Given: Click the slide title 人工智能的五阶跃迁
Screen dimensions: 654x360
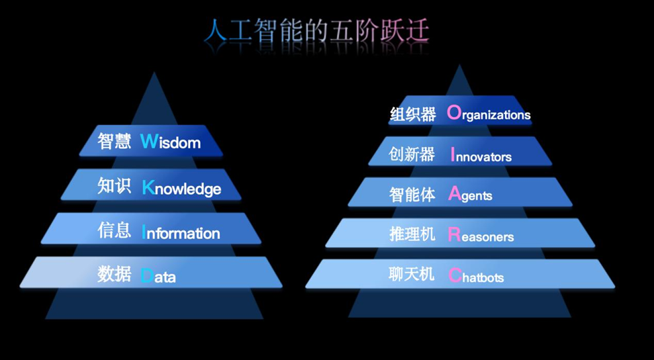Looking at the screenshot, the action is pyautogui.click(x=316, y=30).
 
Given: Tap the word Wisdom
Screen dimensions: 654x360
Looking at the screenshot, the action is pyautogui.click(x=170, y=142).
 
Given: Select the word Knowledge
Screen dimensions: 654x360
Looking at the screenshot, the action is pyautogui.click(x=181, y=188).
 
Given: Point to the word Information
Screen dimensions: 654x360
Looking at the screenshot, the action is pyautogui.click(x=181, y=232).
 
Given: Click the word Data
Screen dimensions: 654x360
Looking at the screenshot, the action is pyautogui.click(x=158, y=276).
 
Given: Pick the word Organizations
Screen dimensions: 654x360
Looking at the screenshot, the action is pyautogui.click(x=488, y=113).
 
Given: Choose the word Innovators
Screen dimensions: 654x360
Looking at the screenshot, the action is pyautogui.click(x=481, y=155).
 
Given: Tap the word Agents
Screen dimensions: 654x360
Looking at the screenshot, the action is pyautogui.click(x=470, y=194).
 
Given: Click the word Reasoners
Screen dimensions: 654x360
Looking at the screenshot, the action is pyautogui.click(x=481, y=235).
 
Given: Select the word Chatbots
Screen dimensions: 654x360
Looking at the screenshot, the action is pyautogui.click(x=476, y=276).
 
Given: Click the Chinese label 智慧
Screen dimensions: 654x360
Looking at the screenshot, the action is pyautogui.click(x=114, y=142).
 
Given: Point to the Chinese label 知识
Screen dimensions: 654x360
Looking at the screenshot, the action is pyautogui.click(x=114, y=185).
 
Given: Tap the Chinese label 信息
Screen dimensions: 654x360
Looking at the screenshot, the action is pyautogui.click(x=114, y=230).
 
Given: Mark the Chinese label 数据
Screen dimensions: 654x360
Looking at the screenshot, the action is pyautogui.click(x=114, y=274).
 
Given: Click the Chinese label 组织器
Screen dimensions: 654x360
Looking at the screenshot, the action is pyautogui.click(x=413, y=114).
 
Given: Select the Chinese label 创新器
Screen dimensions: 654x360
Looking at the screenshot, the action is pyautogui.click(x=412, y=154).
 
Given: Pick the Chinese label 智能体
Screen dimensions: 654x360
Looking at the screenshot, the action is pyautogui.click(x=412, y=194).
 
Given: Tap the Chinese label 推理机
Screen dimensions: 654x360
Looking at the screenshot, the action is pyautogui.click(x=412, y=234).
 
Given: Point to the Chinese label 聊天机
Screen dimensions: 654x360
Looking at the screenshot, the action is pyautogui.click(x=411, y=274).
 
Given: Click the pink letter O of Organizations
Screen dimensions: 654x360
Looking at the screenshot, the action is pyautogui.click(x=454, y=112).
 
